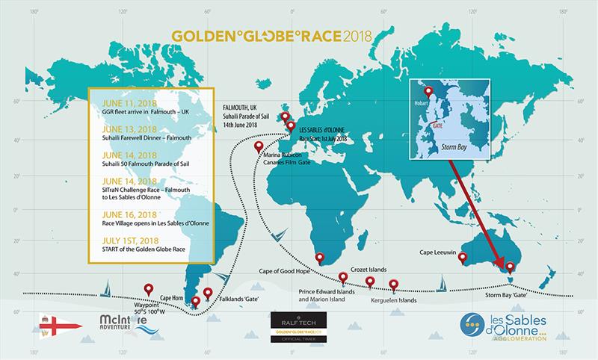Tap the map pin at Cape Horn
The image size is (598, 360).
(x=196, y=301)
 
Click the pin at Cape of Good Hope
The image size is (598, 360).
(x=320, y=259)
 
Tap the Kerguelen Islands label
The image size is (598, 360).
(x=395, y=305)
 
